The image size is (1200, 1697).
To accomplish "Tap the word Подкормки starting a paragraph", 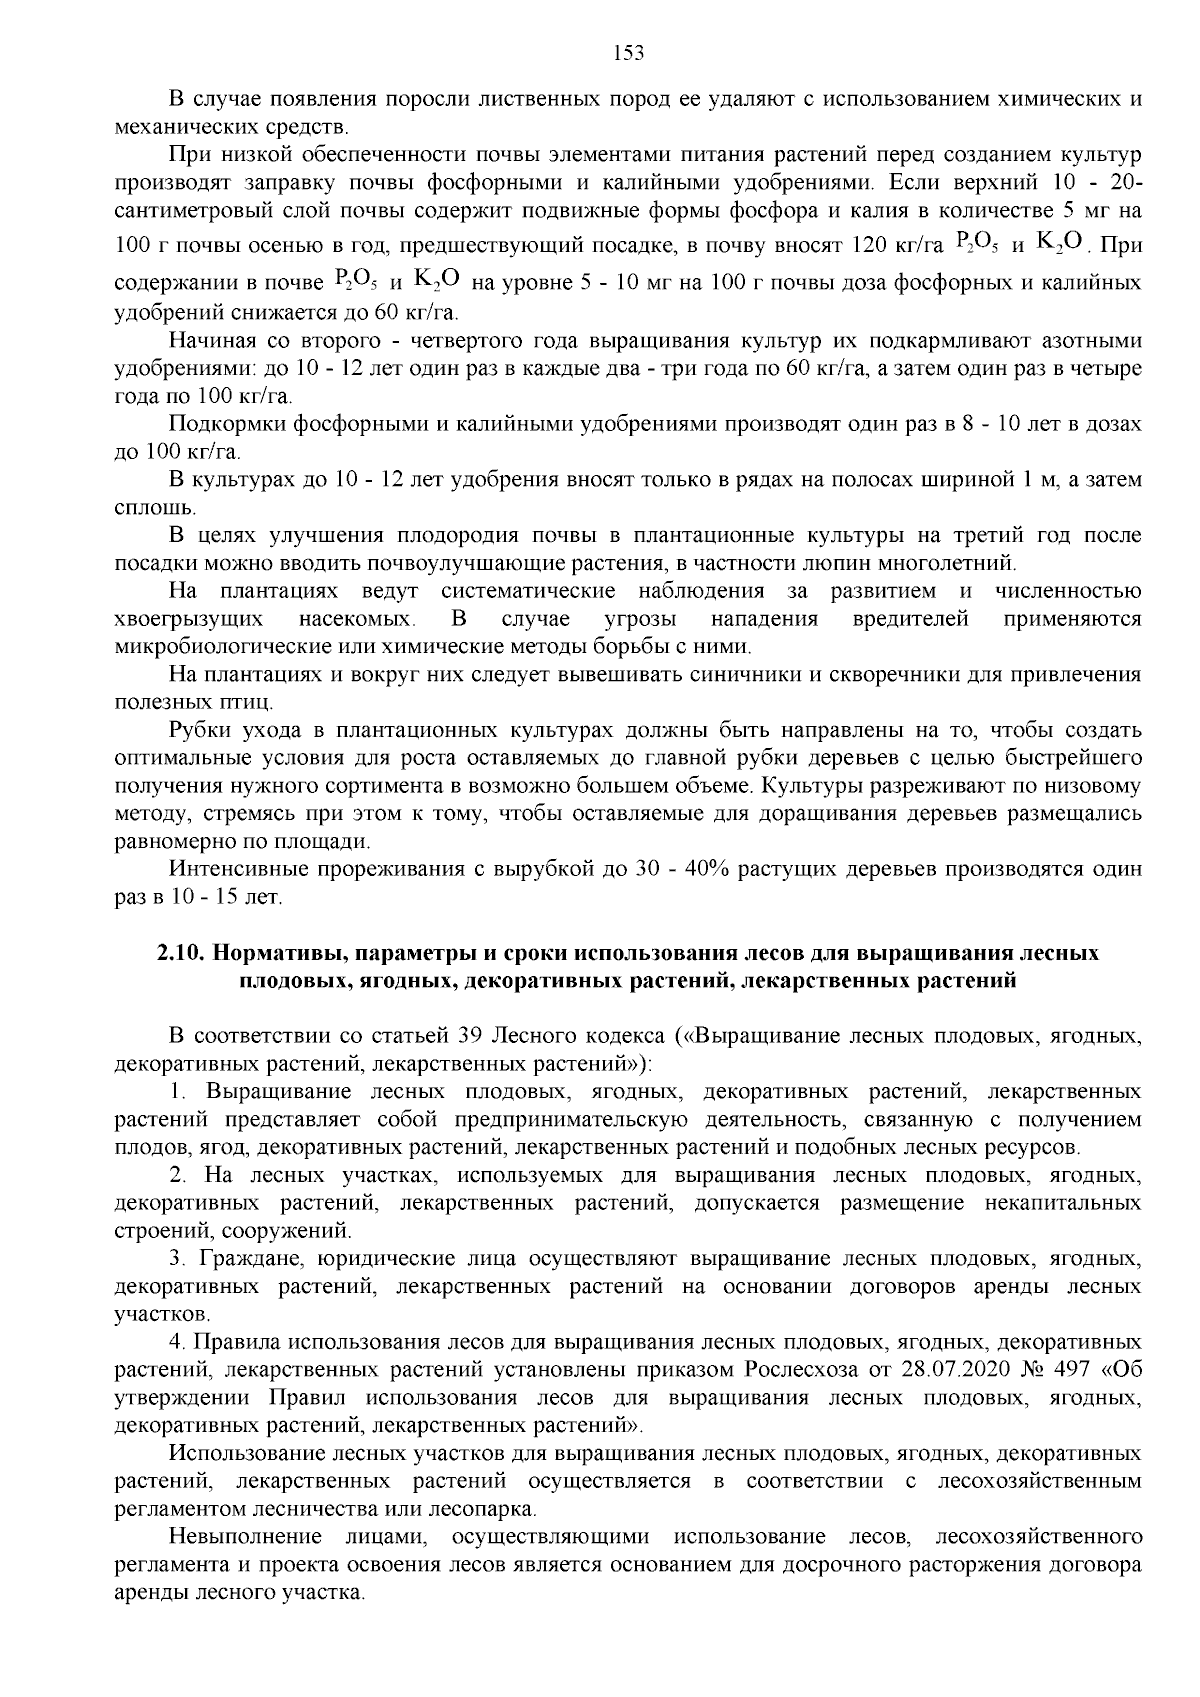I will (x=227, y=424).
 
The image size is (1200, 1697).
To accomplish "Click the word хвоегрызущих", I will (x=190, y=619).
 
